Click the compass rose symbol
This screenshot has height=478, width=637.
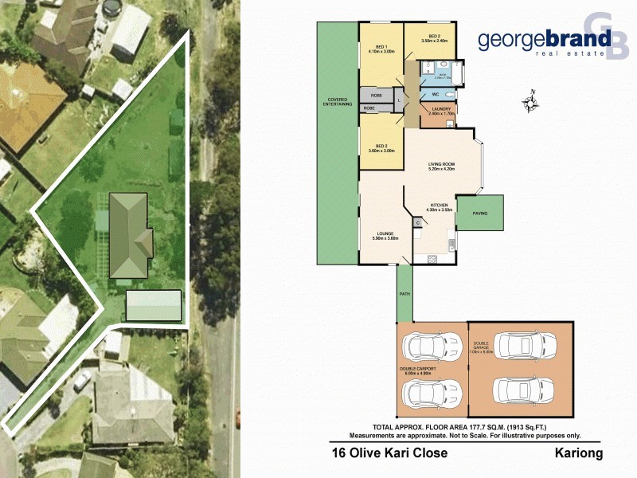click(531, 102)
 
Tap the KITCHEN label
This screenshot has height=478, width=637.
click(440, 205)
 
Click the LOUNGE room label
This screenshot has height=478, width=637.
click(385, 233)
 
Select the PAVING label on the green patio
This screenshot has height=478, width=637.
click(479, 214)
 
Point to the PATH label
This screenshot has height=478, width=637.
click(405, 293)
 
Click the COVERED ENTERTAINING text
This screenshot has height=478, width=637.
click(337, 104)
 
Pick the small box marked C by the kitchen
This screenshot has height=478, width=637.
click(418, 224)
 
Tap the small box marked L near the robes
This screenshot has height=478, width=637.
click(398, 100)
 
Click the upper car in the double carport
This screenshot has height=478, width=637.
click(428, 346)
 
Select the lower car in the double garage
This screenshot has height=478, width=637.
click(522, 390)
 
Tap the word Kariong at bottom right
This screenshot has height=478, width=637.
click(579, 453)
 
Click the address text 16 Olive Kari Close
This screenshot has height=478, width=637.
click(389, 453)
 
